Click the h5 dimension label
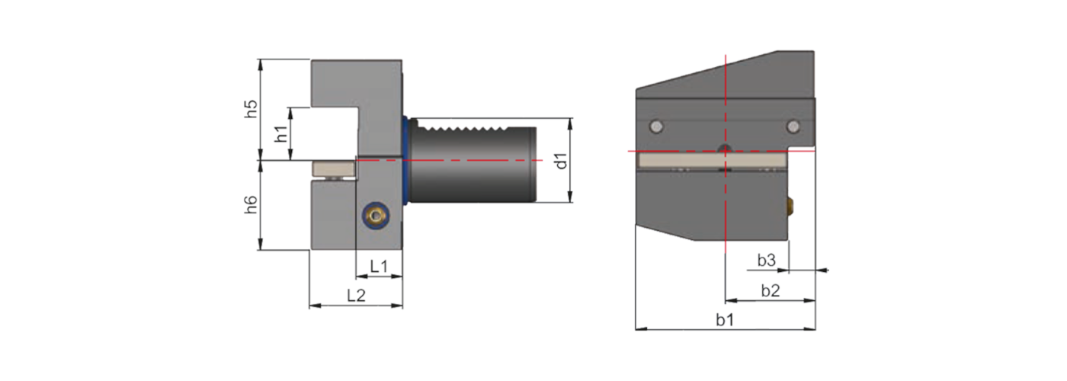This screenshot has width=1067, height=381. tap(251, 109)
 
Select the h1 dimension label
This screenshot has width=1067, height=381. tap(280, 134)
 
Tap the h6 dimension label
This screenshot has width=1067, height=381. tap(251, 205)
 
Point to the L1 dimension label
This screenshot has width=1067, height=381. tap(379, 265)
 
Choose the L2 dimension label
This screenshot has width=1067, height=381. tap(356, 295)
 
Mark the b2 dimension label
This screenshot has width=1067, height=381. tap(770, 290)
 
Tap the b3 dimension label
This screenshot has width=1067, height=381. tap(766, 261)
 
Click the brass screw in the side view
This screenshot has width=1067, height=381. tap(373, 216)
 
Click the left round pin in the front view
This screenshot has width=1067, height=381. tap(655, 126)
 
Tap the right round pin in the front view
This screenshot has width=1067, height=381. tap(793, 126)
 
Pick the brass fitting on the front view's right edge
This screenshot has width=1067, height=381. tap(791, 203)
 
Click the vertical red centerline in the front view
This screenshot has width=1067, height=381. tap(726, 213)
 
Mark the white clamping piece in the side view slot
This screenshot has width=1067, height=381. tap(333, 168)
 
